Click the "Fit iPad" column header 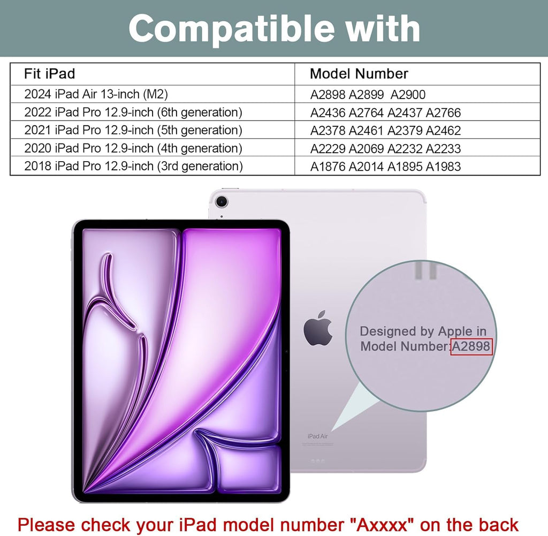(x=49, y=73)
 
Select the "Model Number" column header (x=359, y=74)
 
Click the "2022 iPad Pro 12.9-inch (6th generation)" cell (x=133, y=112)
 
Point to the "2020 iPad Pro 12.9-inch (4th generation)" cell (x=133, y=148)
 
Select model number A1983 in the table (x=443, y=167)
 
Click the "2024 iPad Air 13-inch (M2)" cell (x=96, y=94)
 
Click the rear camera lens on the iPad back (x=222, y=202)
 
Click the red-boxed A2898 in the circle (x=471, y=346)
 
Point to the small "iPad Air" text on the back (x=317, y=436)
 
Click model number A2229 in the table (x=328, y=149)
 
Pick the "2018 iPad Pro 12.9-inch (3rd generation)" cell (x=133, y=166)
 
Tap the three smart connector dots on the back (x=317, y=460)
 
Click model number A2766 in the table (x=443, y=113)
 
